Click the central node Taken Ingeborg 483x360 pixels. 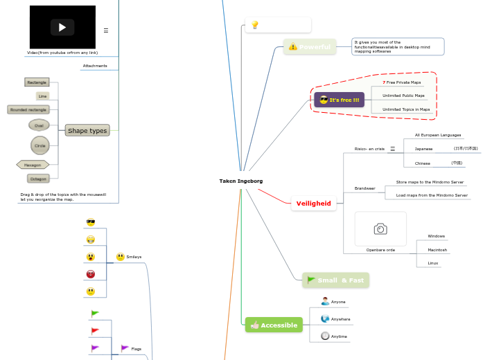240,181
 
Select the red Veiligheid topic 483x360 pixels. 313,204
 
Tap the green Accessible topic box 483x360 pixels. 274,325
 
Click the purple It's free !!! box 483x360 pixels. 339,100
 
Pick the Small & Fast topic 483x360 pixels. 335,280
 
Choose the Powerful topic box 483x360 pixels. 310,46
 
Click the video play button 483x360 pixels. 62,28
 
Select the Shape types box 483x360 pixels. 87,130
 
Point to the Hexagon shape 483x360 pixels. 33,165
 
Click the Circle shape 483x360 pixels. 40,145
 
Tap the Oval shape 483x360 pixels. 39,125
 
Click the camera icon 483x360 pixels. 380,228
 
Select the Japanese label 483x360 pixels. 423,149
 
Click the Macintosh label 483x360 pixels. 437,249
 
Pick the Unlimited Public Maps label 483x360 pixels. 403,96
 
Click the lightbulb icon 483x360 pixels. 254,25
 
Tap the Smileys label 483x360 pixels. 133,257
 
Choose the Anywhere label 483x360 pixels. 340,319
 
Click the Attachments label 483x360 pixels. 95,66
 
